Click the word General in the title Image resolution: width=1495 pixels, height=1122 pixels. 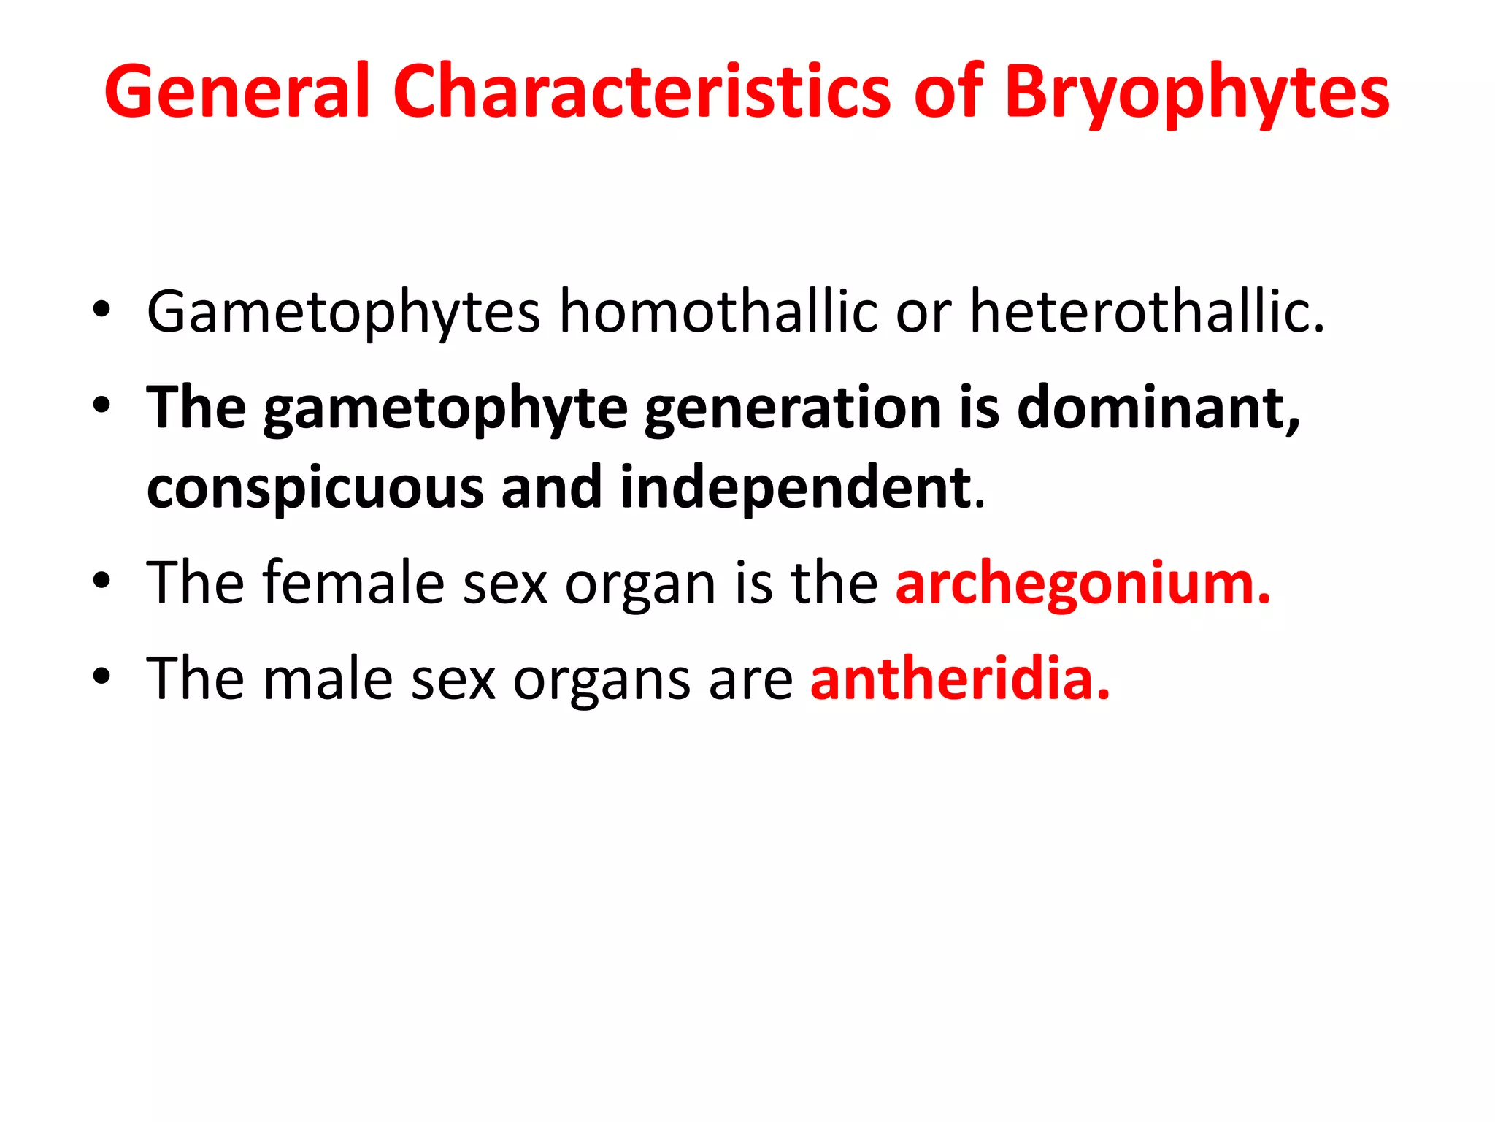237,92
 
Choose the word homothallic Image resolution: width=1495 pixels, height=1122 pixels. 718,311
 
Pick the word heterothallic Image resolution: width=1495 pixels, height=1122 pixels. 1146,311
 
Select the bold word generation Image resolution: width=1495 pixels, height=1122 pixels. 793,409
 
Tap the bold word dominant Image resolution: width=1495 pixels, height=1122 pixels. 1158,409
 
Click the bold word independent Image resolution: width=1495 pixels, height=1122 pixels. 796,488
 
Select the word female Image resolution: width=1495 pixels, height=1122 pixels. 353,583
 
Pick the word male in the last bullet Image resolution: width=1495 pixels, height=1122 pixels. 328,679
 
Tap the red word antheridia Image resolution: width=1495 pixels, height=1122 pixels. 959,679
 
